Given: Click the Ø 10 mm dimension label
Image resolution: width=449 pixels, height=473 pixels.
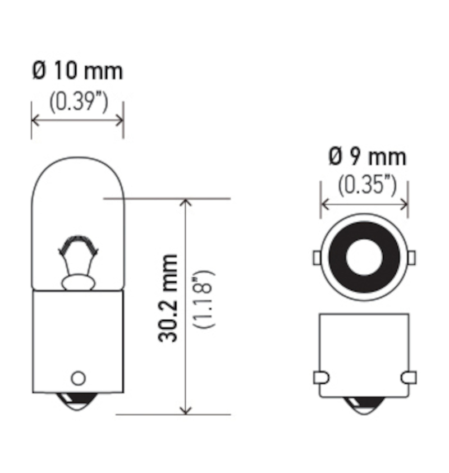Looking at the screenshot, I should point(77,71).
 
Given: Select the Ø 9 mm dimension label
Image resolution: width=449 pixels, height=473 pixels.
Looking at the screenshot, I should point(367,157).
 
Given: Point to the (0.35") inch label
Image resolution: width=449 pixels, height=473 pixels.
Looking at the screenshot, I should point(367,185).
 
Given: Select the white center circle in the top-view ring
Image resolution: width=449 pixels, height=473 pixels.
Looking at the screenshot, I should point(364,258).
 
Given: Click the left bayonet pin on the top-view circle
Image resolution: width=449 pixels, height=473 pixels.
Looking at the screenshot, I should point(316,258).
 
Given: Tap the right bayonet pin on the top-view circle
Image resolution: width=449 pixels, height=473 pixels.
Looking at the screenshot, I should point(412,258).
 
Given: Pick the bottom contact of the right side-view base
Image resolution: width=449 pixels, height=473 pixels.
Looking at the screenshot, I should point(364,405).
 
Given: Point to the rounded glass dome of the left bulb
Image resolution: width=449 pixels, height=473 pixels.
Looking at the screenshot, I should point(78,180).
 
